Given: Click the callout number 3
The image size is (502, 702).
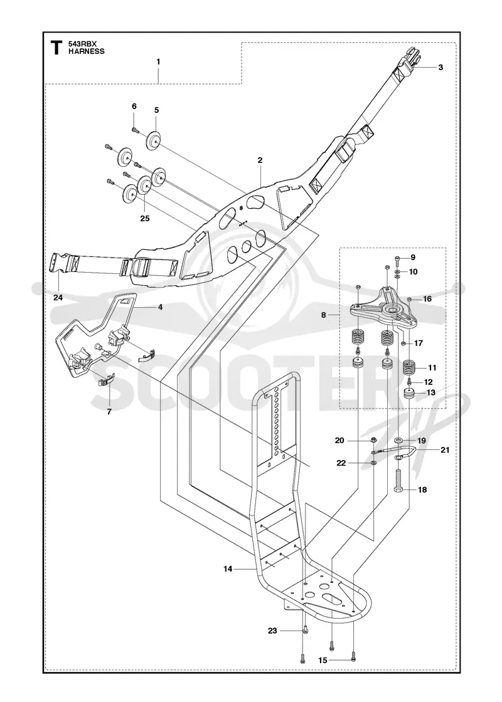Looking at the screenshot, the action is (x=441, y=67).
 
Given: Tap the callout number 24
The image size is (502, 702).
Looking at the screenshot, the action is (x=58, y=297).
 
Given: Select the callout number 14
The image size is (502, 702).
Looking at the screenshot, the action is (x=228, y=568).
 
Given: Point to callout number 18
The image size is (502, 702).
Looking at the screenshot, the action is (x=422, y=490).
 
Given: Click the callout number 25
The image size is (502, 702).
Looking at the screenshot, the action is (x=144, y=219).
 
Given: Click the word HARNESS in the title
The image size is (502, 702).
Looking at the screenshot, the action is (x=87, y=51).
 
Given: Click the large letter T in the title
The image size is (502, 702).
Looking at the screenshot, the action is (x=56, y=48).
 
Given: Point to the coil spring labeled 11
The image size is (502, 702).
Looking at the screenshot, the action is (x=410, y=369).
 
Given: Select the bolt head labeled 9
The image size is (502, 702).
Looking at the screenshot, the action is (x=398, y=258).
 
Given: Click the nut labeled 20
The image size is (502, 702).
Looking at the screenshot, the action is (x=373, y=441).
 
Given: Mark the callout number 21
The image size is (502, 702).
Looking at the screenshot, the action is (x=445, y=450).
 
